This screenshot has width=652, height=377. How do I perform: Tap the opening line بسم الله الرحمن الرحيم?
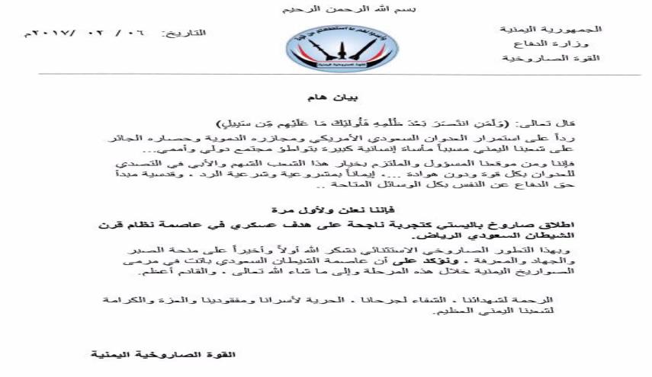[326, 9]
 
